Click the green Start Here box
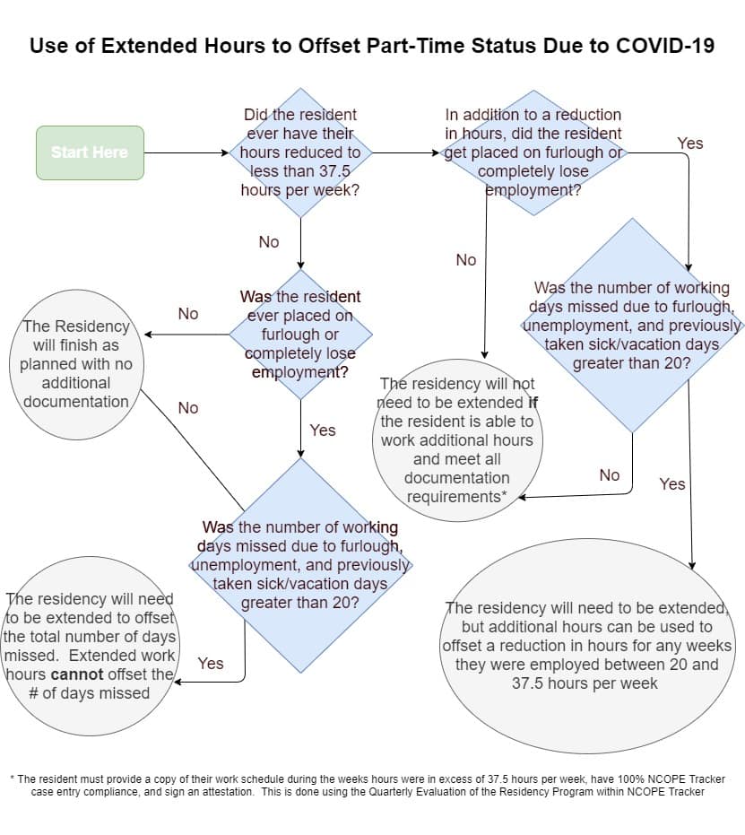coord(90,152)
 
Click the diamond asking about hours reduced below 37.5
coord(299,152)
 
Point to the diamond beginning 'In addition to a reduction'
coord(533,152)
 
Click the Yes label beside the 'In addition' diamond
coord(690,144)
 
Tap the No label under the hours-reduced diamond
coord(268,242)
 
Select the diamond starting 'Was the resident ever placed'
coord(299,334)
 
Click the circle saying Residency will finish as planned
coord(76,363)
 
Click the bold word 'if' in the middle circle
coord(533,403)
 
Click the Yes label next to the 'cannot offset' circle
coord(211,664)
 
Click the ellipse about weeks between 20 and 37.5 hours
coord(587,646)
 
